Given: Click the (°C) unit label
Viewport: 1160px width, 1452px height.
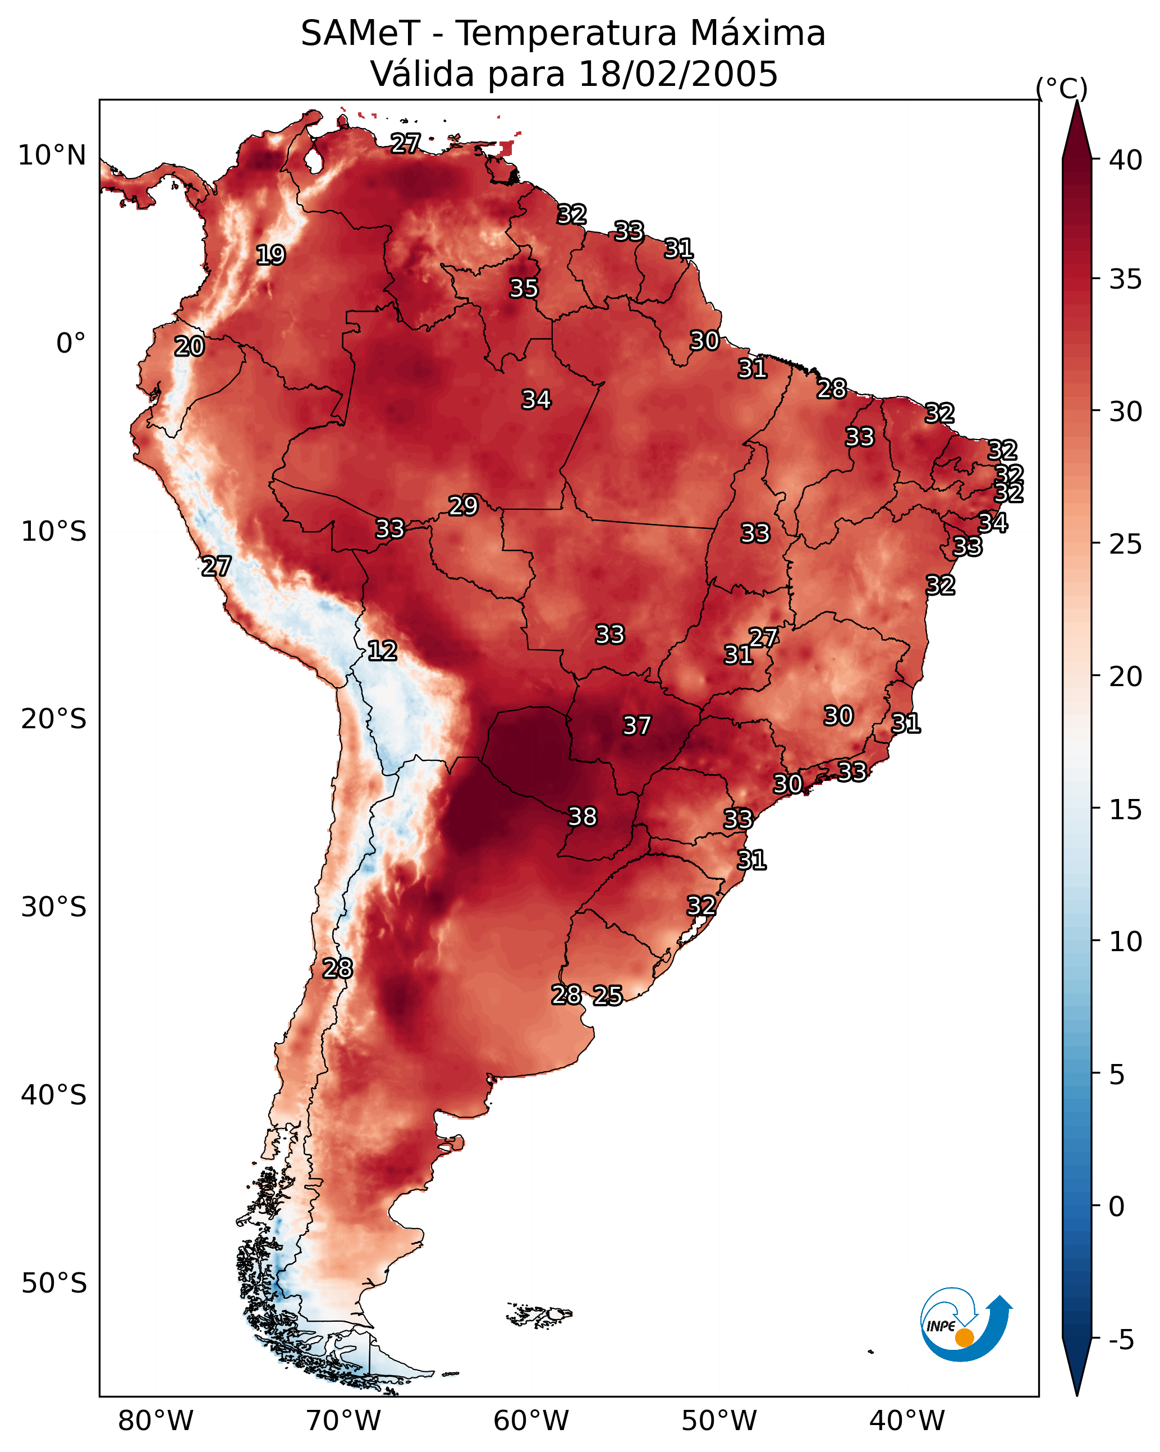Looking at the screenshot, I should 1061,88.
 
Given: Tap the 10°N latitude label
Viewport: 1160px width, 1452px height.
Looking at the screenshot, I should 52,156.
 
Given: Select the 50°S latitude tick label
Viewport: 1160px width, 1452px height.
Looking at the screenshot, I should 53,1284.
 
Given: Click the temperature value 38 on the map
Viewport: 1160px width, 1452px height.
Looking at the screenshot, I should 583,817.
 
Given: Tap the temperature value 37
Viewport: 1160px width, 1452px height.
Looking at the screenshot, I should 636,726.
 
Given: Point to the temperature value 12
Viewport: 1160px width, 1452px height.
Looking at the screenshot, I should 382,651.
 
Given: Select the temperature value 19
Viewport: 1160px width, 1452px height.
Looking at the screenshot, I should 270,255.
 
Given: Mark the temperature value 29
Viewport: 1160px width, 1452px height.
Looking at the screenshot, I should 463,506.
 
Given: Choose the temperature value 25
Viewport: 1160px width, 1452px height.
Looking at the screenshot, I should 607,996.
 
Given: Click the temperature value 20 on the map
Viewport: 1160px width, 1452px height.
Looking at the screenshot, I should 189,347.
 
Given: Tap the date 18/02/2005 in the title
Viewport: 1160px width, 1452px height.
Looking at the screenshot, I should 677,74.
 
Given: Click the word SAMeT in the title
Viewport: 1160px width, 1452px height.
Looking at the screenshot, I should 360,34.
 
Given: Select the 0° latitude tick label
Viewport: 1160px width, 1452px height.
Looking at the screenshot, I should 71,344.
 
